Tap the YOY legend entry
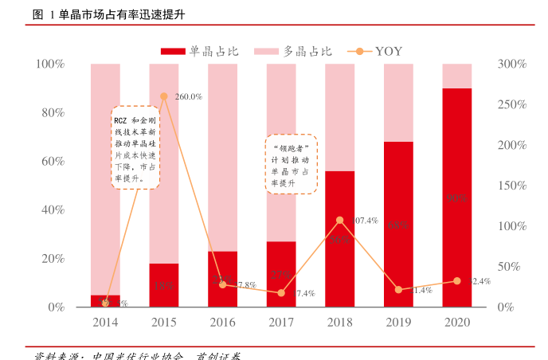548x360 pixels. click(375, 52)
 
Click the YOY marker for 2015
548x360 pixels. click(164, 96)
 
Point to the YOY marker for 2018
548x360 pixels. click(340, 220)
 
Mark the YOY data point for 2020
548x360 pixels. click(457, 281)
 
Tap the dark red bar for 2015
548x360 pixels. click(164, 285)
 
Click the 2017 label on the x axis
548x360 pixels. click(281, 323)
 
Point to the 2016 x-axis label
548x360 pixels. click(222, 323)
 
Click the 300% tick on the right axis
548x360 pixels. click(511, 64)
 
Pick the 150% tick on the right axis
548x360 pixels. click(511, 186)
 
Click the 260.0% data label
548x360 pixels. click(188, 96)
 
